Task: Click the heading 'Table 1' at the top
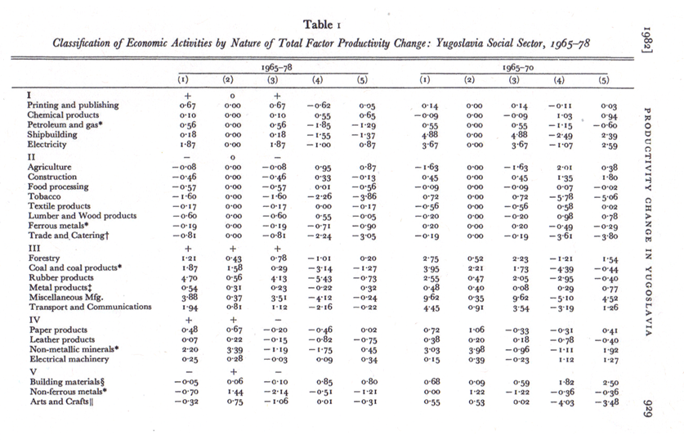(x=322, y=25)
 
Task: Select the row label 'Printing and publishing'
(x=73, y=106)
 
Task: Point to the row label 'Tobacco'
(x=44, y=196)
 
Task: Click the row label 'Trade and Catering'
(x=68, y=236)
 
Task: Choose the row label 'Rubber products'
(x=61, y=277)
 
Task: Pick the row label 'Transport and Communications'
(x=90, y=307)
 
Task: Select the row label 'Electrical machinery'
(x=69, y=359)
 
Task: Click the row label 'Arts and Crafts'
(x=61, y=402)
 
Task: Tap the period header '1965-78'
(x=276, y=68)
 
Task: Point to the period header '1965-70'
(x=518, y=68)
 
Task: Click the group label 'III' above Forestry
(x=34, y=249)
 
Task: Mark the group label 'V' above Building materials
(x=34, y=372)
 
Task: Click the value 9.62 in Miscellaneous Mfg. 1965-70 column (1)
(x=431, y=299)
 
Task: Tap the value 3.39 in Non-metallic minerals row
(x=234, y=350)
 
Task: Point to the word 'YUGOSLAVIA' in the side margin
(x=648, y=301)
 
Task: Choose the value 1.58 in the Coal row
(x=234, y=268)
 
